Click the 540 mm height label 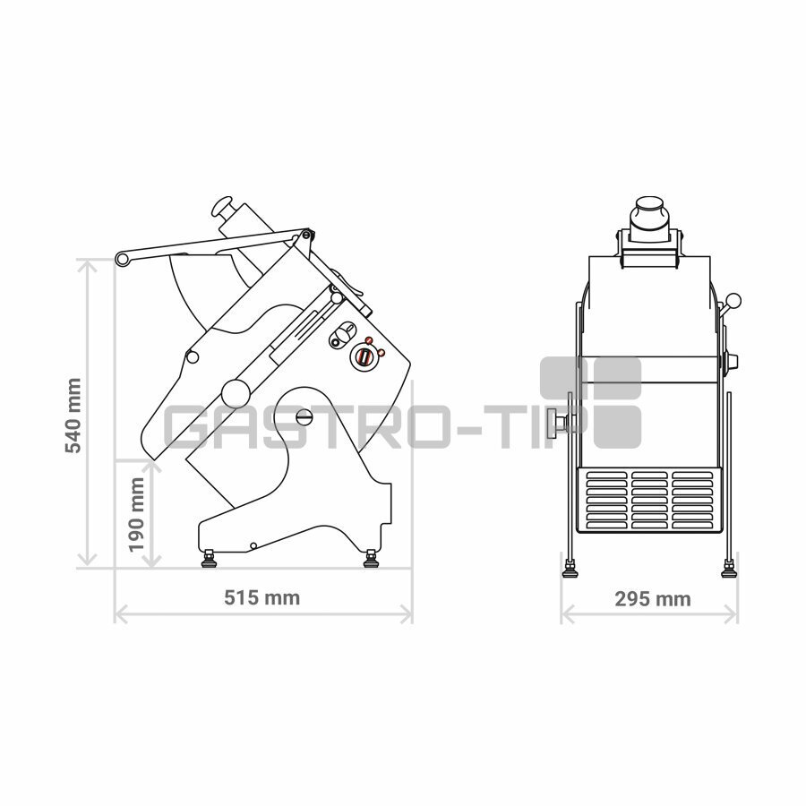point(73,416)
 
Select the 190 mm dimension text point(136,515)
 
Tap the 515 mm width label point(262,597)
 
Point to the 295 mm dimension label point(653,599)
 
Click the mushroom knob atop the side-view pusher point(221,206)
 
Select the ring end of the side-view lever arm point(123,259)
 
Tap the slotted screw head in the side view point(304,416)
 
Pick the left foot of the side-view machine point(210,558)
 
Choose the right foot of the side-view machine point(371,558)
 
